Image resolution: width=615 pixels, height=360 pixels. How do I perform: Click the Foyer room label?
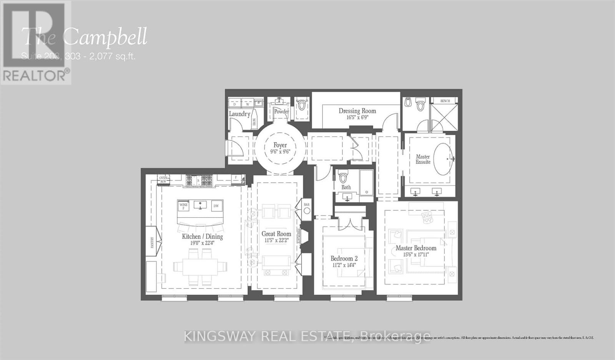click(280, 145)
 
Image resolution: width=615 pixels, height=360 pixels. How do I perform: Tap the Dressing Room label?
click(357, 111)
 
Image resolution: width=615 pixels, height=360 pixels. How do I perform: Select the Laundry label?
click(239, 114)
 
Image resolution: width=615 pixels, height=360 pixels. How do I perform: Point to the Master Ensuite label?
click(423, 159)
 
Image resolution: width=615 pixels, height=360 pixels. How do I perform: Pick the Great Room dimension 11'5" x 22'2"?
click(276, 240)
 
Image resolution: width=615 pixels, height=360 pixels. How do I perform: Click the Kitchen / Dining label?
click(202, 237)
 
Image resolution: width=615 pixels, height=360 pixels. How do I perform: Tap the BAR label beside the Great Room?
click(307, 205)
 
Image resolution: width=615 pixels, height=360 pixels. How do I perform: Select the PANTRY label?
click(153, 242)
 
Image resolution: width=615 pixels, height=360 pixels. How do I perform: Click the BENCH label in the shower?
click(445, 101)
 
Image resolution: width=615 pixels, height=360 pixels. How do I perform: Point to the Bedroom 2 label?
click(344, 258)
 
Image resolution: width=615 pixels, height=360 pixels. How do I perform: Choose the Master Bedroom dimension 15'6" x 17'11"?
click(416, 254)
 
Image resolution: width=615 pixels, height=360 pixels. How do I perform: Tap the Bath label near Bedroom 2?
click(346, 187)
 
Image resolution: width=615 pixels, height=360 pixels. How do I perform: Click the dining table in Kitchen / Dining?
click(200, 266)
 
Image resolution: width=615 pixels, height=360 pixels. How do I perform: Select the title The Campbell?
click(85, 37)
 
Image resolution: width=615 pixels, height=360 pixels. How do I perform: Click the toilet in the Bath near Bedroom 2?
click(343, 177)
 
